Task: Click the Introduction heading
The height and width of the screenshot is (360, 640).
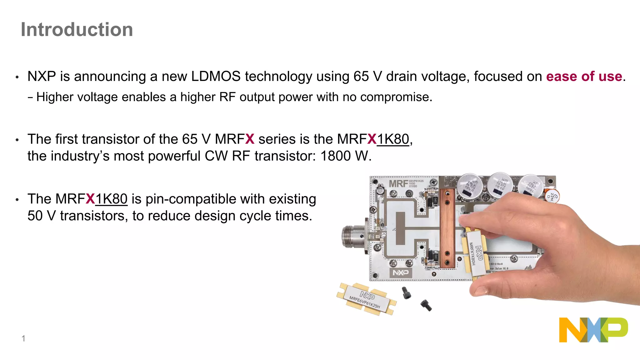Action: (x=77, y=30)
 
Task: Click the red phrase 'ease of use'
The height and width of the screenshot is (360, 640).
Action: (x=584, y=77)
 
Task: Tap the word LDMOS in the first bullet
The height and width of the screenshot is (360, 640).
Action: (x=216, y=77)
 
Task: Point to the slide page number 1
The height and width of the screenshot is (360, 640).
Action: (x=23, y=338)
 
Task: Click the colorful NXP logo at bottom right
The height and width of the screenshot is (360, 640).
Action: (x=593, y=330)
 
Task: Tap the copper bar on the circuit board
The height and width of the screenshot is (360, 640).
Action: (x=447, y=228)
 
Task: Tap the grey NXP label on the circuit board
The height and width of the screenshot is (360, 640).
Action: (x=400, y=272)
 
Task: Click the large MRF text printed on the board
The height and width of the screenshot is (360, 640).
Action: (x=398, y=184)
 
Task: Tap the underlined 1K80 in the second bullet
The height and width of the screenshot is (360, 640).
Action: (x=393, y=139)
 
